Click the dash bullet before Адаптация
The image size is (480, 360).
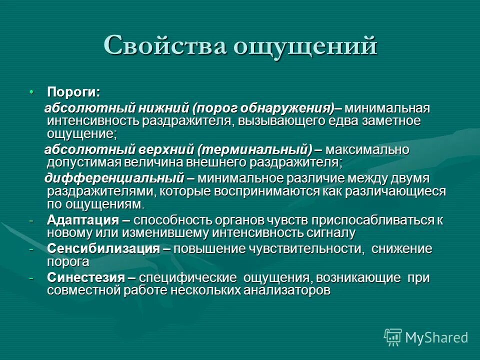31,220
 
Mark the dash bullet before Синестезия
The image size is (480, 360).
31,278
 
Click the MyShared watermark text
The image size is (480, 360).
436,337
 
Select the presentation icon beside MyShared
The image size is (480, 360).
393,337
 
